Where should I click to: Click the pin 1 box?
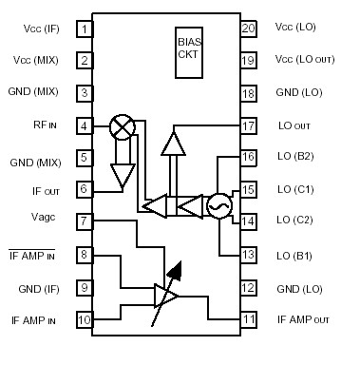(85, 29)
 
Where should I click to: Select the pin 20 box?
(248, 29)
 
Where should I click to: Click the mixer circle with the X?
(122, 126)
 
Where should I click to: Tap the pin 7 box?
(85, 221)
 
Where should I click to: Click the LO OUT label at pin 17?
(295, 125)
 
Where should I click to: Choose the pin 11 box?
(248, 319)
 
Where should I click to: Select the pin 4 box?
(85, 125)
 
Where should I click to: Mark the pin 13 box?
(248, 255)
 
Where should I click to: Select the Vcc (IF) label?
(45, 29)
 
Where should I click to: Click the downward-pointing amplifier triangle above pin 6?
(122, 173)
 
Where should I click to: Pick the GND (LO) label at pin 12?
(295, 287)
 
